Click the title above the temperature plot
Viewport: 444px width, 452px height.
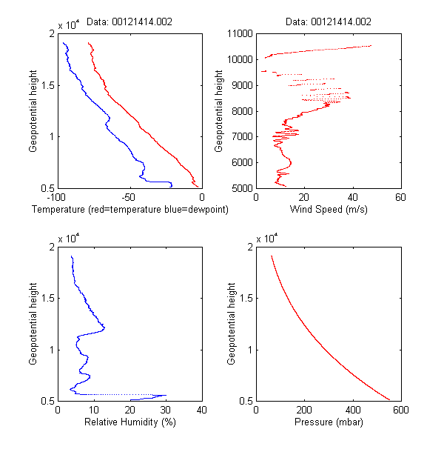coord(129,22)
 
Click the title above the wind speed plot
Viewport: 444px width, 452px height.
coord(329,22)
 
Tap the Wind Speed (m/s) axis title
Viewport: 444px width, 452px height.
coord(329,210)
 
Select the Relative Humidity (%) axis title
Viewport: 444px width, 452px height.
coord(129,422)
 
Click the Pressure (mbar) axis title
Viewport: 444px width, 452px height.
coord(329,422)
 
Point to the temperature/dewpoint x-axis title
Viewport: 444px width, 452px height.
coord(129,210)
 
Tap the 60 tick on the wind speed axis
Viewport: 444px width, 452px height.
coord(400,198)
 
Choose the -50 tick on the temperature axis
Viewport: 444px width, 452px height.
coord(129,198)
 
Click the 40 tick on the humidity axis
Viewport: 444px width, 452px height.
coord(202,411)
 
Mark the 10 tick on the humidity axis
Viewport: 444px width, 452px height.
coord(94,411)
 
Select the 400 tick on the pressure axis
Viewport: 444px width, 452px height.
coord(352,411)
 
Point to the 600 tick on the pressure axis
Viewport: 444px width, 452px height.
coord(400,411)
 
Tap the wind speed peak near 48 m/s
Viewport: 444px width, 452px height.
coord(371,46)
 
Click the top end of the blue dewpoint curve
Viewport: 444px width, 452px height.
coord(63,43)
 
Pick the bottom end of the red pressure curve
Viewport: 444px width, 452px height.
coord(389,400)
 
